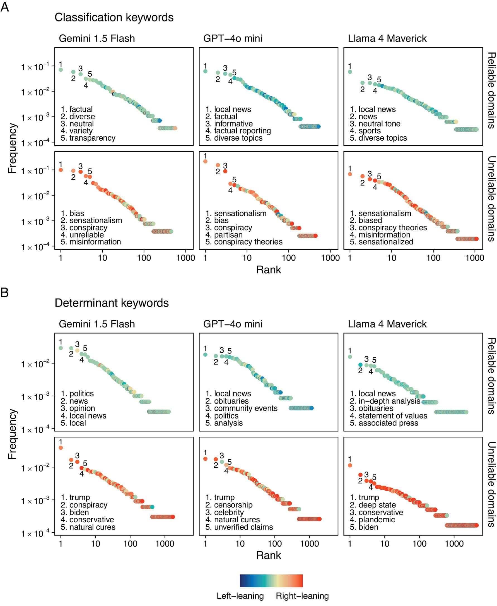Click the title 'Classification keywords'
[x=114, y=18]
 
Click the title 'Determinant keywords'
[x=112, y=303]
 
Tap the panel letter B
[x=4, y=292]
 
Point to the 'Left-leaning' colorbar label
[x=240, y=596]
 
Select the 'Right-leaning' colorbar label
[x=302, y=596]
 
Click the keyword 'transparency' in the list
[x=92, y=138]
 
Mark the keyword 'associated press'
[x=388, y=423]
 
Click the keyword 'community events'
[x=246, y=408]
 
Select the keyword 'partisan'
[x=228, y=235]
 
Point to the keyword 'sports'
[x=370, y=131]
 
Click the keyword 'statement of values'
[x=392, y=416]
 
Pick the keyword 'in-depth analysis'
[x=389, y=401]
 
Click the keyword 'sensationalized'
[x=386, y=242]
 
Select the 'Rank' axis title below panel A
[x=268, y=270]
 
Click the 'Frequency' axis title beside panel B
[x=12, y=434]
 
